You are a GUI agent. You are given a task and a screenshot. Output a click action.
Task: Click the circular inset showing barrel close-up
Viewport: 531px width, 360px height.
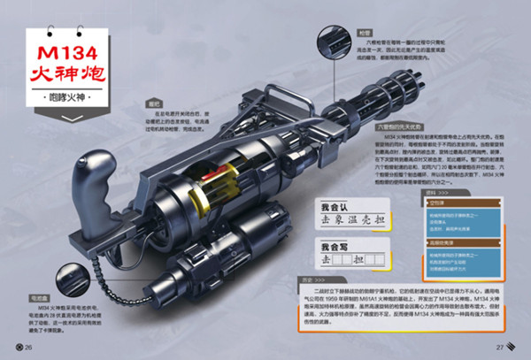tap(326, 38)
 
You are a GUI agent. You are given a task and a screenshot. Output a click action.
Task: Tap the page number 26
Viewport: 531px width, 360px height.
tap(28, 346)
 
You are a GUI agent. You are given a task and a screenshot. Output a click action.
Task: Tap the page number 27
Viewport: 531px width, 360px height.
tap(500, 346)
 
